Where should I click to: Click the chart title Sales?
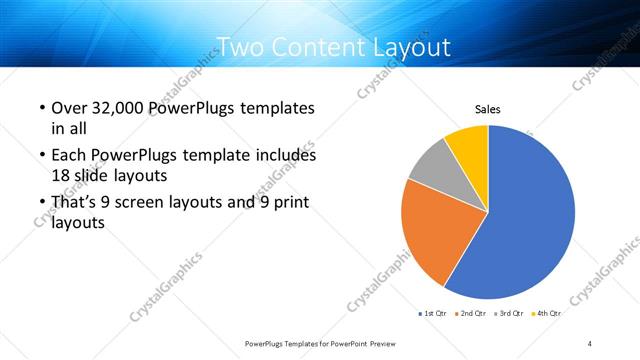point(487,109)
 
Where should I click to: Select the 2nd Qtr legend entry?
point(470,314)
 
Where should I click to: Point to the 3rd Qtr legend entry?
point(509,314)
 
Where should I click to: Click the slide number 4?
point(590,343)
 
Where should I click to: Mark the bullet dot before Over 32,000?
point(41,108)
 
